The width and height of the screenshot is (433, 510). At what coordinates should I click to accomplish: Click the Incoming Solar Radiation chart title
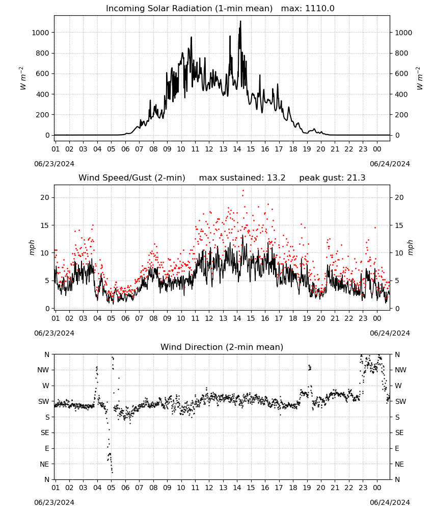189,9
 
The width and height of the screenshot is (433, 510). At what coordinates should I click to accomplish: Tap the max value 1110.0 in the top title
319,9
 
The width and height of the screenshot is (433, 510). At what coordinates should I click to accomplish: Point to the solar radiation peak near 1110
240,21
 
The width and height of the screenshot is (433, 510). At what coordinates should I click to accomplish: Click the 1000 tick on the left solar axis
40,33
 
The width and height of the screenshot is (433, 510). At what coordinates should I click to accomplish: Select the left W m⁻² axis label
23,79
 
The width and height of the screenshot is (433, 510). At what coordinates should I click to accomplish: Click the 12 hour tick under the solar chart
209,149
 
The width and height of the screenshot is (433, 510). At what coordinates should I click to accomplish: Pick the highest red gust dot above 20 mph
243,191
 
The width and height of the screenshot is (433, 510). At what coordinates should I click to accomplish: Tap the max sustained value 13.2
276,178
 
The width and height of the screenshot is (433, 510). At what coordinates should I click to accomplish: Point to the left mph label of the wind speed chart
32,247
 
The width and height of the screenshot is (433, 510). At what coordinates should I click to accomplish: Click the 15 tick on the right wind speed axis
399,225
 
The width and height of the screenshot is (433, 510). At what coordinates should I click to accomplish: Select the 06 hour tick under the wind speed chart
125,318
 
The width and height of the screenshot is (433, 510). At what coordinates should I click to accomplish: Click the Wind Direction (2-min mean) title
222,347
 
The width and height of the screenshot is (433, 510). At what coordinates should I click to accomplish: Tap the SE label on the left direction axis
45,433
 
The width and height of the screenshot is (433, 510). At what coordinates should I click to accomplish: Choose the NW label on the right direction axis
401,370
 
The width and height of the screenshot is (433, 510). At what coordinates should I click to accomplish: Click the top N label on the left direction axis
47,355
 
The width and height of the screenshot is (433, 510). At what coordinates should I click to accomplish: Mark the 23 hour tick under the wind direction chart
363,488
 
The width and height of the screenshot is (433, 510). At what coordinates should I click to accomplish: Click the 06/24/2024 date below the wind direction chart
390,502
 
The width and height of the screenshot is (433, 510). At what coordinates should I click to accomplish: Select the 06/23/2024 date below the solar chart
54,164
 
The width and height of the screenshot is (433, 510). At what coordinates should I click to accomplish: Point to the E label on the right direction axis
397,448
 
